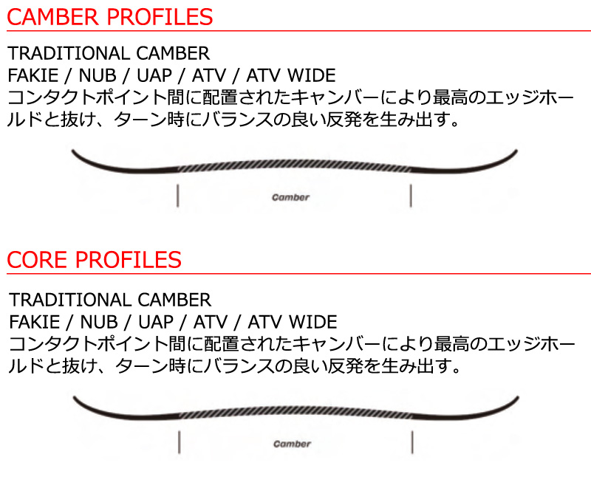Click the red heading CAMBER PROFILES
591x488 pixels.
pos(109,17)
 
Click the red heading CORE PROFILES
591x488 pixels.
pos(95,260)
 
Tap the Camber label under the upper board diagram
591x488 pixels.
pos(290,197)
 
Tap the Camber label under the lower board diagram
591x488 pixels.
pos(292,444)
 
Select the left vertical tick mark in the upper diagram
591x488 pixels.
pos(177,196)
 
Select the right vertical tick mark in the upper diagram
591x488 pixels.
pos(411,196)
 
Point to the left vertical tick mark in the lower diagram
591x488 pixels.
pos(179,442)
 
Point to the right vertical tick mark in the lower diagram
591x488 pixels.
pos(412,442)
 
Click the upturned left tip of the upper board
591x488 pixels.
pos(72,151)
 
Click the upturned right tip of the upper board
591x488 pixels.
pos(516,151)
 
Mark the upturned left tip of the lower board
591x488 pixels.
pos(75,398)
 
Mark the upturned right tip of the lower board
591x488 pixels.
pos(518,398)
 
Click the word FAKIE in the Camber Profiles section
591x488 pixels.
pos(33,76)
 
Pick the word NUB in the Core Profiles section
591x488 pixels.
pos(99,323)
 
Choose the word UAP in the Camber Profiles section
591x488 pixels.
pos(154,76)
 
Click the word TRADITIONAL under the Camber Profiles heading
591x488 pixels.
pos(69,53)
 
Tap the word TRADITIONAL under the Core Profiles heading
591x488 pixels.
pos(70,300)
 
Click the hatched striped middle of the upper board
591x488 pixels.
pos(294,164)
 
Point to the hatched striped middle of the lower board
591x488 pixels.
pos(295,410)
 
